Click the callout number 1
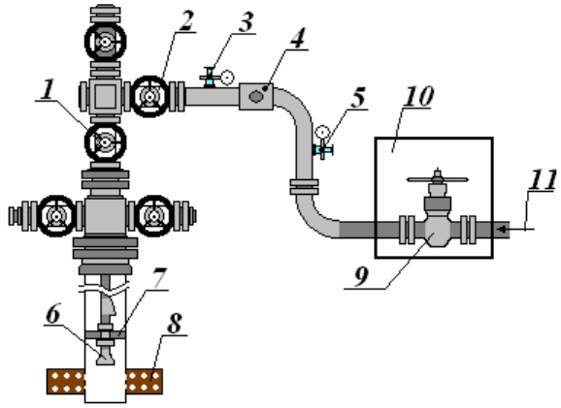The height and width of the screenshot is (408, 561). [48, 89]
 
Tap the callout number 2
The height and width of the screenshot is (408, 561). [186, 20]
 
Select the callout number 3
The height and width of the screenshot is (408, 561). [247, 22]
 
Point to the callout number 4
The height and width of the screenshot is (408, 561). [298, 38]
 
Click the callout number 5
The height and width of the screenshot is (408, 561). [358, 97]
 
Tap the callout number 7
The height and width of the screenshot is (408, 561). [158, 279]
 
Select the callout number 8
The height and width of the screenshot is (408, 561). [175, 324]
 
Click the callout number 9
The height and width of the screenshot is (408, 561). [361, 276]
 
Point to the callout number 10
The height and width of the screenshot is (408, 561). [418, 96]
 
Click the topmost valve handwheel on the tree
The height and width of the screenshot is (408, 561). [105, 42]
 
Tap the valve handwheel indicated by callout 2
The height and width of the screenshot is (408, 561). [149, 97]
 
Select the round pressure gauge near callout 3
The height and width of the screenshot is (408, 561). [227, 78]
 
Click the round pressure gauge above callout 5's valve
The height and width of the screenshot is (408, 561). [322, 132]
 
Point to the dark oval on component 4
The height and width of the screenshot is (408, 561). [255, 96]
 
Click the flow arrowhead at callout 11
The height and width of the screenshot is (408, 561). [503, 229]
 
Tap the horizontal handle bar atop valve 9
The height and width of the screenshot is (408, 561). [438, 179]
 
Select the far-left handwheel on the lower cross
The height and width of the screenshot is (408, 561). [56, 216]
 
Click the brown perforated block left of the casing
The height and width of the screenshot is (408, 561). [66, 382]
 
